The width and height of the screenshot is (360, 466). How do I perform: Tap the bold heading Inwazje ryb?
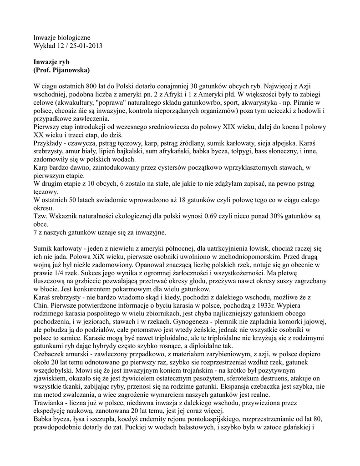pyautogui.click(x=51, y=61)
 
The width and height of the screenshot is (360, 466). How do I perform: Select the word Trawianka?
pyautogui.click(x=50, y=414)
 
